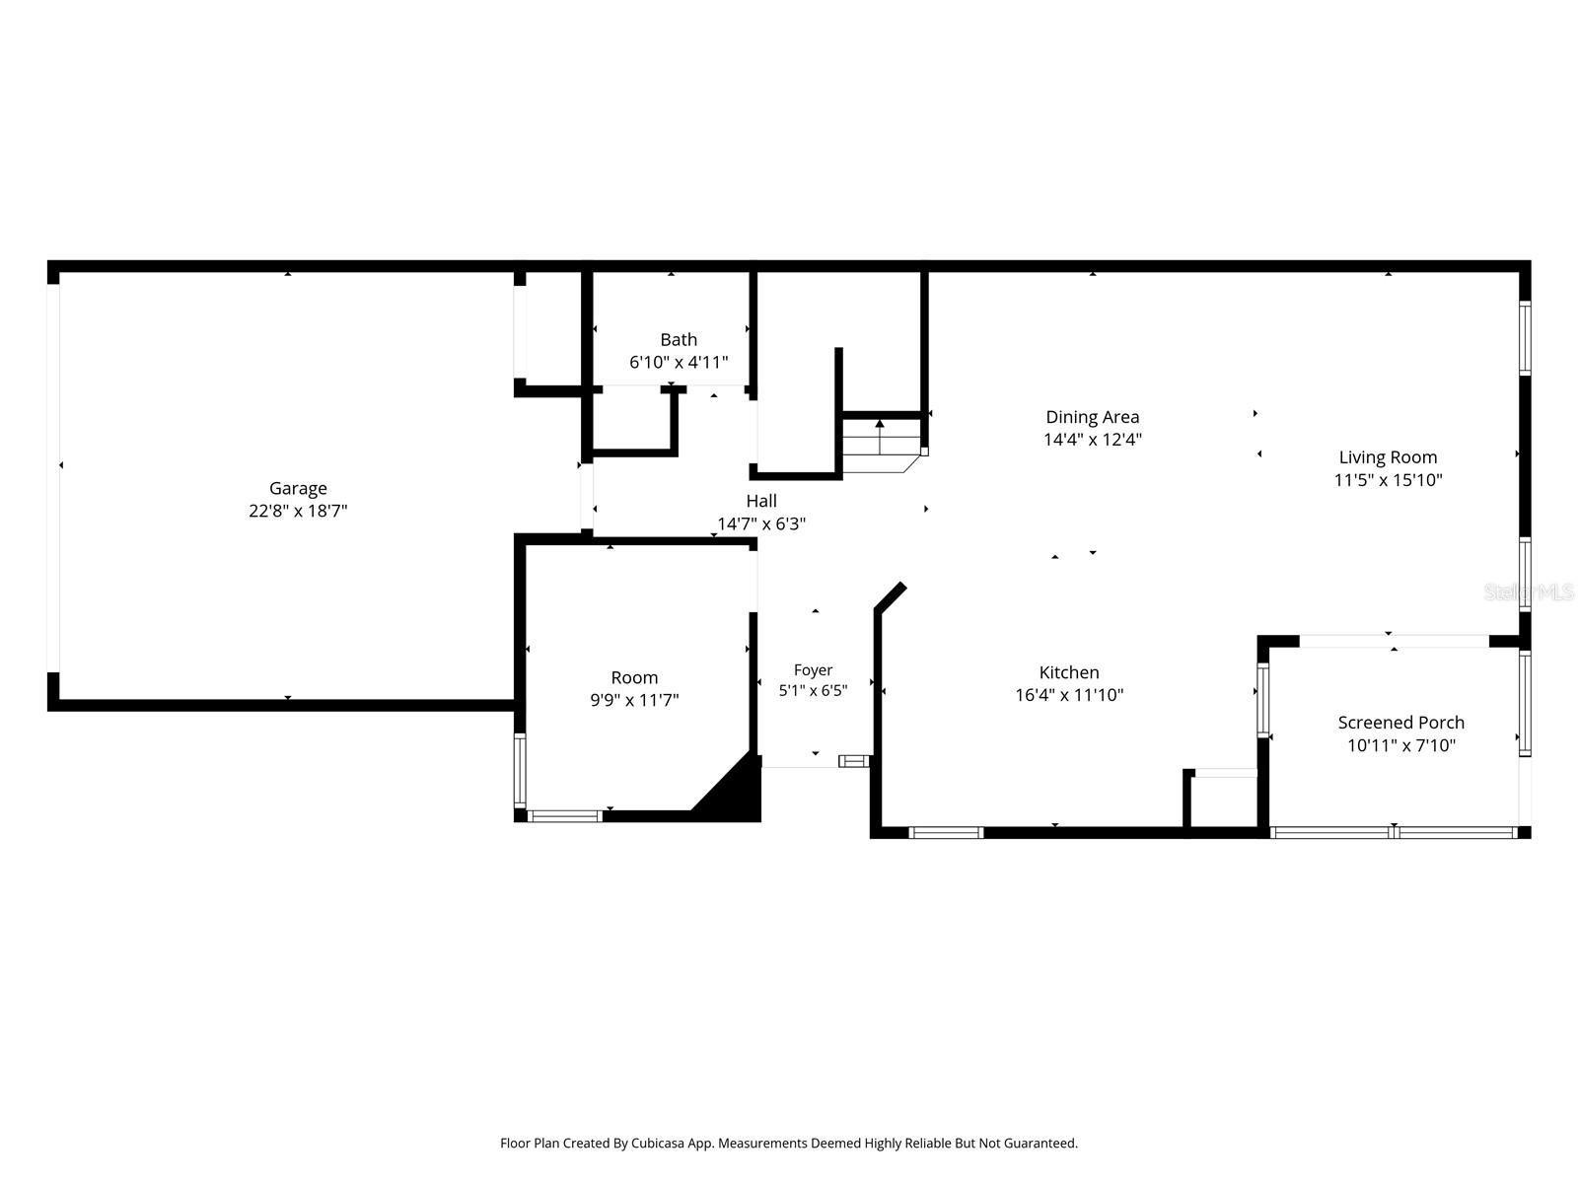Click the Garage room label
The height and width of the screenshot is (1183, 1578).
click(x=298, y=488)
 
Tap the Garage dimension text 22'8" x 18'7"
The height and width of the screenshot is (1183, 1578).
click(x=298, y=511)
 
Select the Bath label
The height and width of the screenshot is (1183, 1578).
click(x=679, y=340)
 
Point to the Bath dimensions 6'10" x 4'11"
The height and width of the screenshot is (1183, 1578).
click(x=679, y=362)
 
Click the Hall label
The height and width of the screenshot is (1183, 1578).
click(x=761, y=501)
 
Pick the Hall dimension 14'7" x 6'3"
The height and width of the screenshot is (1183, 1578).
click(x=761, y=523)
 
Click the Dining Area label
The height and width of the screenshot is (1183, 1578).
click(x=1092, y=417)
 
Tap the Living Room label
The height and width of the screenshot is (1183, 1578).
click(x=1388, y=457)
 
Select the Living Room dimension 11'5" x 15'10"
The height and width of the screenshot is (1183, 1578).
click(x=1388, y=480)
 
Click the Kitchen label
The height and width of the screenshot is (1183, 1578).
click(x=1069, y=672)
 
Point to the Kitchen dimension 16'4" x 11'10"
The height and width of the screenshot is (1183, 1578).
click(x=1069, y=695)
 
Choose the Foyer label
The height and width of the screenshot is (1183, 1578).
click(x=813, y=670)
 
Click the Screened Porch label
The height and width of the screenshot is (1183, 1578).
click(x=1400, y=723)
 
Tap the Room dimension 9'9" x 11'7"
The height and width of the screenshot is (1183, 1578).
click(x=634, y=700)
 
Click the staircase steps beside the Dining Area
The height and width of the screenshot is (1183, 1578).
click(x=881, y=446)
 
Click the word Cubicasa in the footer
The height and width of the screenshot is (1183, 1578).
click(x=658, y=1144)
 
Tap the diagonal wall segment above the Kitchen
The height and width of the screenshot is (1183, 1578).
click(x=890, y=596)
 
